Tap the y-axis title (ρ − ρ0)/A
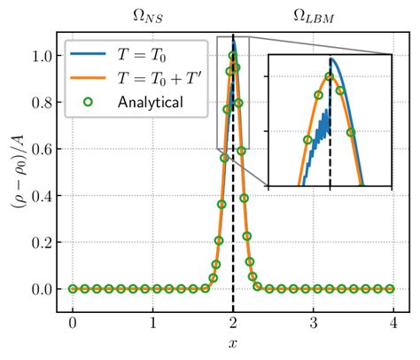[x=17, y=172]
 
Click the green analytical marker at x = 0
[x=73, y=289]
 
